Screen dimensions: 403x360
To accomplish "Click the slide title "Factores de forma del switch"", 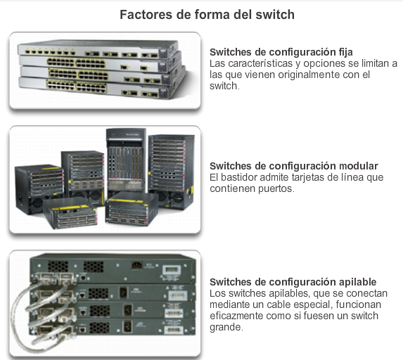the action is (x=207, y=14).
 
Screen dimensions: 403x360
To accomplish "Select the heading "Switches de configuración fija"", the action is (x=281, y=52).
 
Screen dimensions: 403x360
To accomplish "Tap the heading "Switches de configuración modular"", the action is (x=294, y=166).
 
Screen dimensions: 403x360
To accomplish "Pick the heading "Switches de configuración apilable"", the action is (x=293, y=282).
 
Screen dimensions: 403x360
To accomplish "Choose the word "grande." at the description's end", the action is (x=226, y=328).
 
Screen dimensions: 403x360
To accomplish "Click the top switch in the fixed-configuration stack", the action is (x=98, y=49).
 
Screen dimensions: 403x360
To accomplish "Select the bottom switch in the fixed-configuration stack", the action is (x=101, y=88).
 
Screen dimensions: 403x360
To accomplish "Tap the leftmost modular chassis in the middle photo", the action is (x=39, y=189).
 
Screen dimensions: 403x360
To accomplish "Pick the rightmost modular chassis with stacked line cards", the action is (x=171, y=172).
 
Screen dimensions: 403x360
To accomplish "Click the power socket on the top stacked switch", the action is (x=137, y=266).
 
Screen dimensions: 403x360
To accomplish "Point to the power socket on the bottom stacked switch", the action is (x=127, y=326).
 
